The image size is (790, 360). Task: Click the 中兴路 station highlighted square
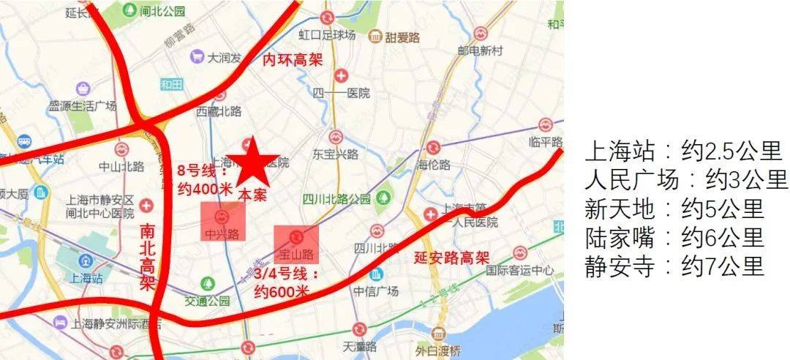224,222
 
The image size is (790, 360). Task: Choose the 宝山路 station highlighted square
296,244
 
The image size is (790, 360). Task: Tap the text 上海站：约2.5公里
683,151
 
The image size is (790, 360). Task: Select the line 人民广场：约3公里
686,180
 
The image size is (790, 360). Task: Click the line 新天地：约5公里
674,209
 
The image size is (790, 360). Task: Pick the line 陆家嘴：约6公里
674,237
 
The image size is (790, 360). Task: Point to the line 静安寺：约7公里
674,266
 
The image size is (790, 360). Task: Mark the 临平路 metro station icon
544,125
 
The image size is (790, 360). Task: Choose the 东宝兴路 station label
335,154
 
